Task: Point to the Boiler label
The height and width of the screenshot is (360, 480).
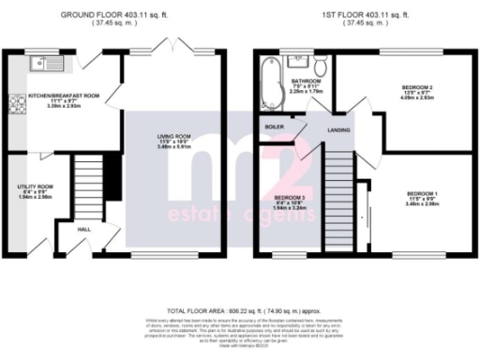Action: pos(274,126)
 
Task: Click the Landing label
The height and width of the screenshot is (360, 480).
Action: pos(337,130)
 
